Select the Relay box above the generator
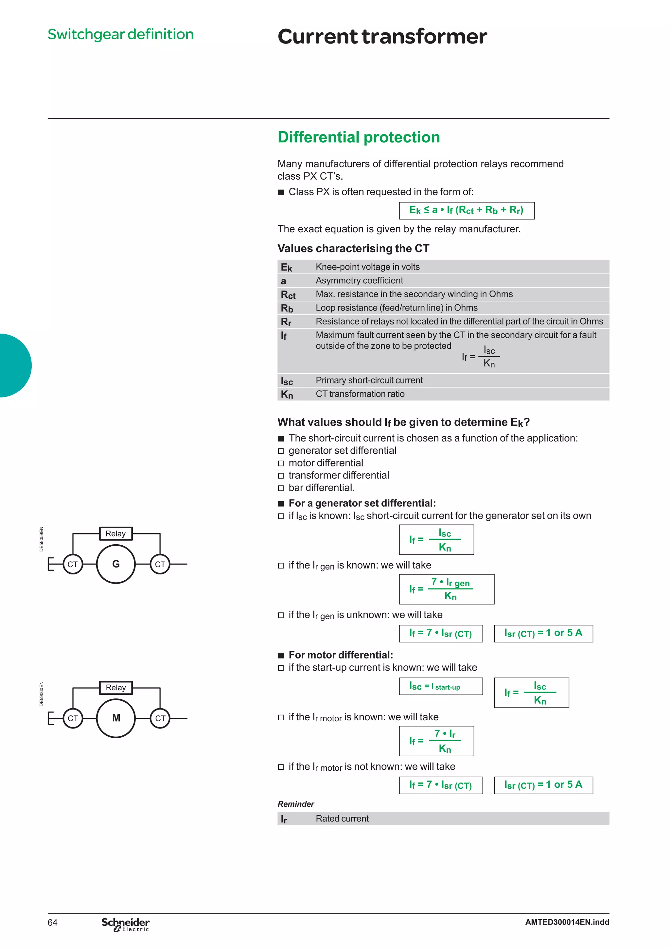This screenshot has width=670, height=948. [115, 534]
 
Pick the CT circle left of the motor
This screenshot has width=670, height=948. [73, 718]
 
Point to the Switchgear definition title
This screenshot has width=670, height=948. [120, 34]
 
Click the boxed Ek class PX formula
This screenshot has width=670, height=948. [467, 211]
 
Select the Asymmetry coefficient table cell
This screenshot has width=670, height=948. [359, 280]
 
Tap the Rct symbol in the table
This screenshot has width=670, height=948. [288, 294]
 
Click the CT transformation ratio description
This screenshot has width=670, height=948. [360, 394]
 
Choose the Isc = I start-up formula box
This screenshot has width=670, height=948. [440, 686]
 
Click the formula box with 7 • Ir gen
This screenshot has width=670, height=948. [446, 589]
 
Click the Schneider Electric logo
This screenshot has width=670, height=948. [126, 924]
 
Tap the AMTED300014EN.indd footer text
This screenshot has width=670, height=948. [567, 922]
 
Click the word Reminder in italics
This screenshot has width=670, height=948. [295, 804]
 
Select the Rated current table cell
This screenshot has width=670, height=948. [342, 818]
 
